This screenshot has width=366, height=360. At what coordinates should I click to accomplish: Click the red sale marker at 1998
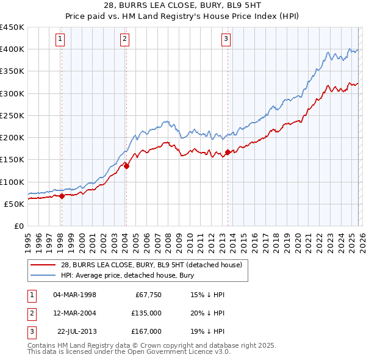[x=62, y=196]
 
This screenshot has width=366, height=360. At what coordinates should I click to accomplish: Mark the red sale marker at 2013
[x=228, y=152]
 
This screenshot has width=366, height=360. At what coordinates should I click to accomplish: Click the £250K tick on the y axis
[x=12, y=115]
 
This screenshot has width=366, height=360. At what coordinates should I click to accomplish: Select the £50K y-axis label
[x=15, y=204]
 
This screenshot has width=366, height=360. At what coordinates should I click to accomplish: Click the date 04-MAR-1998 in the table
[x=75, y=295]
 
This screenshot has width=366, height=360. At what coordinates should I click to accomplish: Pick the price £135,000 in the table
[x=147, y=313]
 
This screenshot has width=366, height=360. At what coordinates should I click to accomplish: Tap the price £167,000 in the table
[x=147, y=331]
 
